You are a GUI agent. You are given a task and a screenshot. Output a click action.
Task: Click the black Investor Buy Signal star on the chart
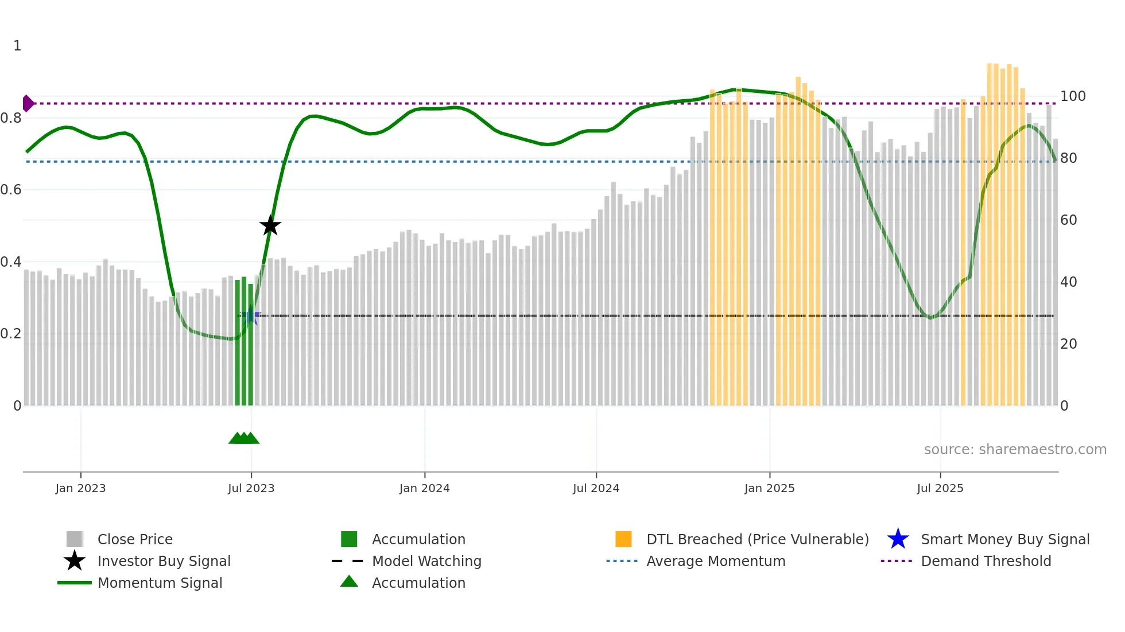(x=270, y=225)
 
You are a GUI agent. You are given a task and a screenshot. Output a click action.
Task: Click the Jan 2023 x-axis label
(x=80, y=488)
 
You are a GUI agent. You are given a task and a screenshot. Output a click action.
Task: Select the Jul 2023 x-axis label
(x=251, y=488)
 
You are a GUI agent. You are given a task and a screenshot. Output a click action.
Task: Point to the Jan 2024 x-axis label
(x=424, y=488)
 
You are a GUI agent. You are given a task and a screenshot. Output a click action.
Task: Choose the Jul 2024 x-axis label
(x=596, y=488)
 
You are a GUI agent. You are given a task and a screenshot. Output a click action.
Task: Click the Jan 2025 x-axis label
(x=769, y=488)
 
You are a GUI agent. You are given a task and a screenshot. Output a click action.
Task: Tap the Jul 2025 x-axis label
(x=940, y=488)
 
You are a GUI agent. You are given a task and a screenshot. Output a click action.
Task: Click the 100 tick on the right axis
(x=1072, y=96)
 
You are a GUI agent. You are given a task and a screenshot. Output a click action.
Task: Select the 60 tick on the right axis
(x=1068, y=220)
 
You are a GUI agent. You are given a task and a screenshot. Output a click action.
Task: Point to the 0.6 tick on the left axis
(x=11, y=189)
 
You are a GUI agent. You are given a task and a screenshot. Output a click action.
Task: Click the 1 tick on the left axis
(x=17, y=45)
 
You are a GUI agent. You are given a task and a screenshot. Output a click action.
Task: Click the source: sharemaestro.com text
(x=1015, y=449)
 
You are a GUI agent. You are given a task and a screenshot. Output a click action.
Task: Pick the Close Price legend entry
(x=135, y=539)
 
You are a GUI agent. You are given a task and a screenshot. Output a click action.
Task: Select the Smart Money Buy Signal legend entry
(x=1004, y=539)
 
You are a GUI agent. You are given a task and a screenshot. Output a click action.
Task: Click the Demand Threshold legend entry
(x=986, y=561)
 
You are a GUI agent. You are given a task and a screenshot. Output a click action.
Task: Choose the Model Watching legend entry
(x=426, y=561)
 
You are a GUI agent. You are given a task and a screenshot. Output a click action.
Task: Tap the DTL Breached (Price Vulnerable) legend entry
(x=757, y=539)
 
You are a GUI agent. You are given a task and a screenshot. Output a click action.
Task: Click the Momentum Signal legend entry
(x=160, y=583)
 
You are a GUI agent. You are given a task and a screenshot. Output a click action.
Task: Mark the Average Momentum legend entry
(x=716, y=561)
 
